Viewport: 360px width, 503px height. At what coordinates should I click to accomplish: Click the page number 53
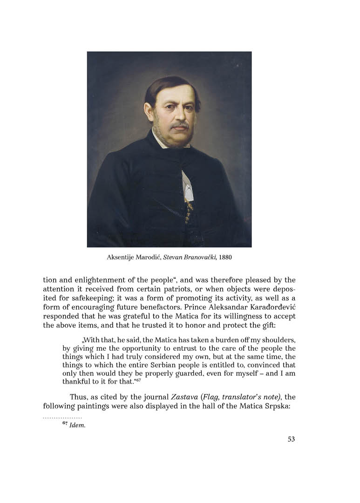coord(291,439)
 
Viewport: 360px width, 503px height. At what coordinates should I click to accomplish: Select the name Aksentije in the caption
coord(119,257)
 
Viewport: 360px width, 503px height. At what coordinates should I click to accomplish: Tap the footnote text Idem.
coord(77,426)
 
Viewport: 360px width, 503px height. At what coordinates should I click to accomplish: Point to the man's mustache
coord(179,125)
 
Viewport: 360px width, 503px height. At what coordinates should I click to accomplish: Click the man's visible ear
coord(149,112)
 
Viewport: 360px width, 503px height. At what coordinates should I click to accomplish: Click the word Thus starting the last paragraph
coord(79,397)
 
